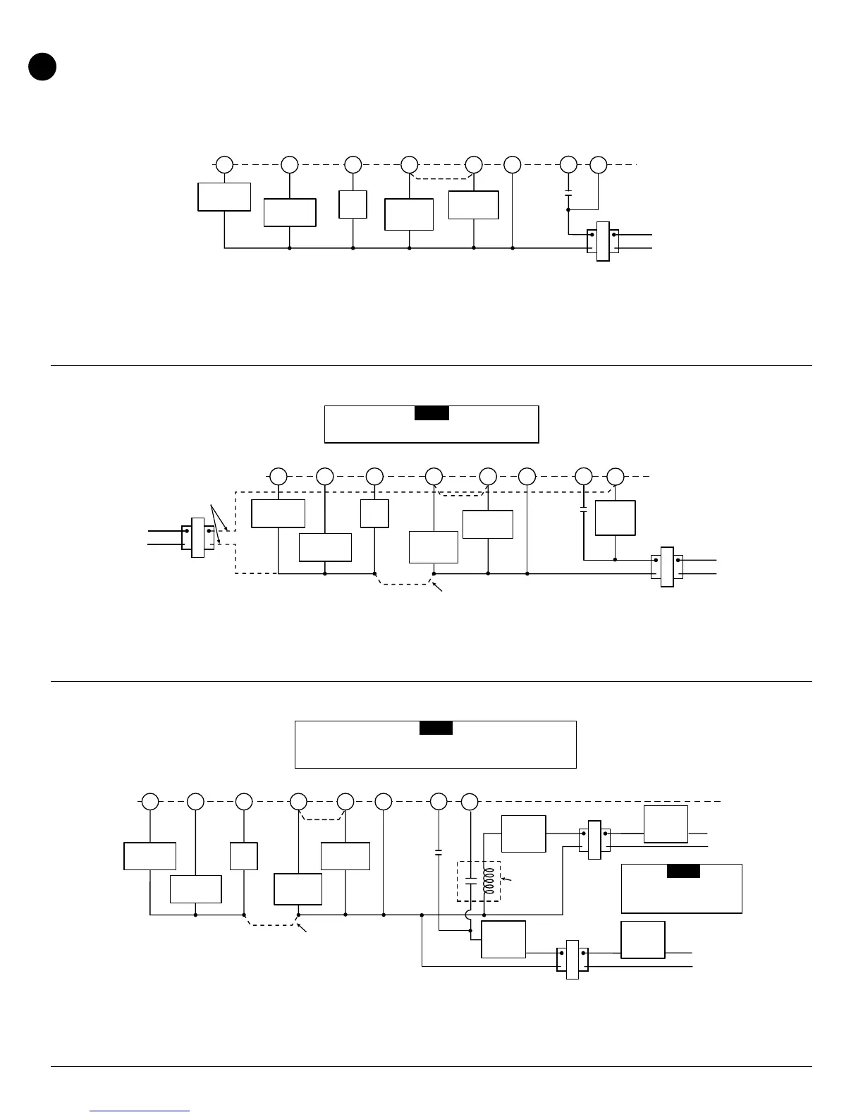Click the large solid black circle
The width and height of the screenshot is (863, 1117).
pyautogui.click(x=42, y=66)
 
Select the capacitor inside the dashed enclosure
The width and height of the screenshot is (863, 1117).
pyautogui.click(x=470, y=881)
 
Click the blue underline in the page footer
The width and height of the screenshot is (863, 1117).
pyautogui.click(x=140, y=1111)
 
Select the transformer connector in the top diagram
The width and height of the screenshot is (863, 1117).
pyautogui.click(x=603, y=241)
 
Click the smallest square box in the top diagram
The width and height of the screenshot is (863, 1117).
pyautogui.click(x=353, y=204)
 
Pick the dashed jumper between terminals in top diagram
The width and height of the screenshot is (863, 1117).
pyautogui.click(x=442, y=176)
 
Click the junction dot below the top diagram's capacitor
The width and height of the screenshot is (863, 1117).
pyautogui.click(x=568, y=209)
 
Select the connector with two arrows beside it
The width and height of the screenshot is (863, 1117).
pyautogui.click(x=197, y=537)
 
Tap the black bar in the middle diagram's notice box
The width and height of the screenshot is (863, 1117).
pyautogui.click(x=432, y=413)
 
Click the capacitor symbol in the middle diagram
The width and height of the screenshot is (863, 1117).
pyautogui.click(x=584, y=509)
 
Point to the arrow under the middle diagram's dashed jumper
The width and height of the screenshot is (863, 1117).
pyautogui.click(x=439, y=587)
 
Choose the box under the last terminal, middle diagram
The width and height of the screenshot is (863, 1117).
pyautogui.click(x=616, y=518)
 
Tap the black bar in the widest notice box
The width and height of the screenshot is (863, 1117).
pyautogui.click(x=436, y=728)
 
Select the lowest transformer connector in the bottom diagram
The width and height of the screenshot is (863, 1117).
pyautogui.click(x=572, y=960)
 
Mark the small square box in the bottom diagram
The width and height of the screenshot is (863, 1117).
pyautogui.click(x=244, y=855)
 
